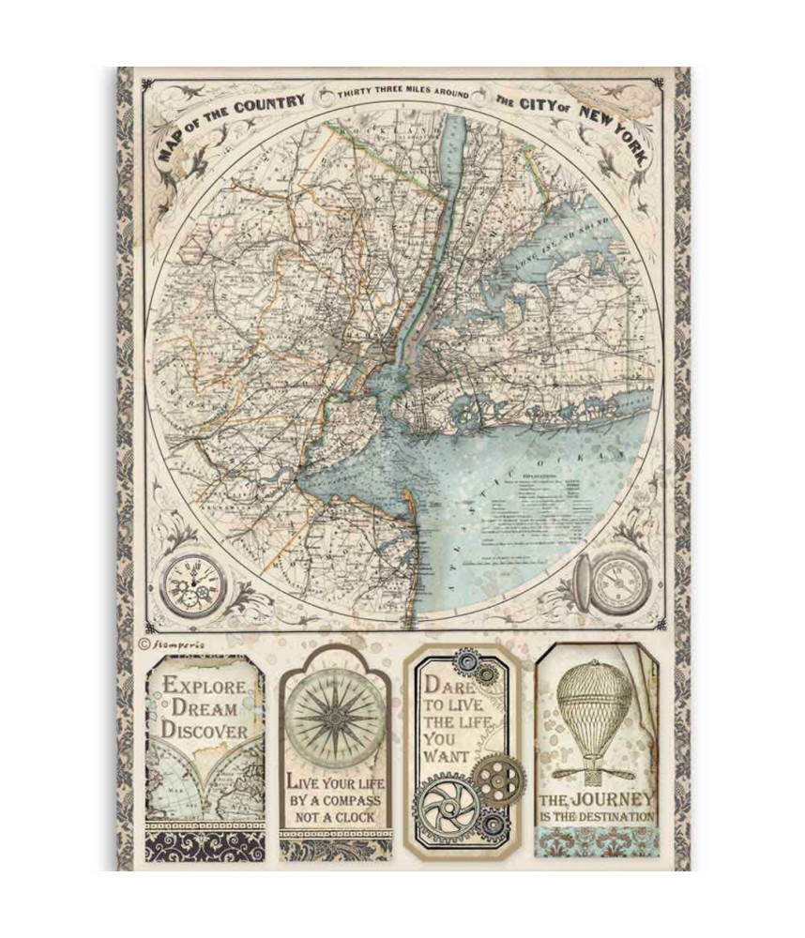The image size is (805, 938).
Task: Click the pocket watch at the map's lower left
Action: [x=194, y=587]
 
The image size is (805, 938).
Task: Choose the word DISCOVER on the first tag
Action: [x=205, y=730]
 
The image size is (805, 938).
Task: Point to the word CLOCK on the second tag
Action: [x=356, y=817]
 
